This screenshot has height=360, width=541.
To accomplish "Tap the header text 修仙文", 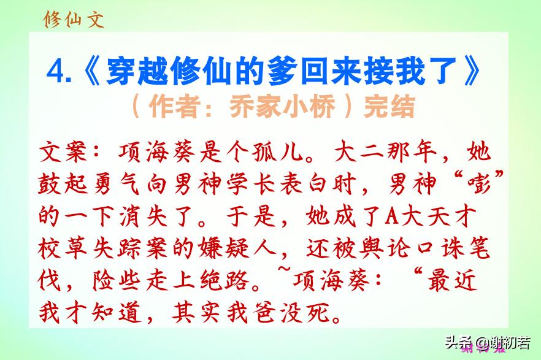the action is (73, 19).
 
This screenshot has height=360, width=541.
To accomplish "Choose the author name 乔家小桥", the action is (282, 106).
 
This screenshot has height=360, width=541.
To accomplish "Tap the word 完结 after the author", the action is (389, 106).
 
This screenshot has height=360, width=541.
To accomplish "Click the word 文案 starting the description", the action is (63, 151).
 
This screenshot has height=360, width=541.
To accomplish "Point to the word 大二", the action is (359, 151).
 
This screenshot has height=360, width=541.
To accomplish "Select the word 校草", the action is (63, 248).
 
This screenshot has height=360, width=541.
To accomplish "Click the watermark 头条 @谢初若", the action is (488, 342).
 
